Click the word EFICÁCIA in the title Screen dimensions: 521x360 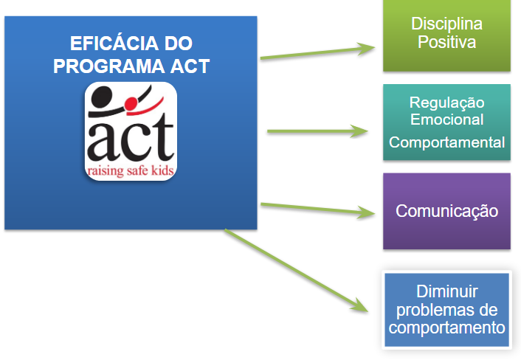point(114,44)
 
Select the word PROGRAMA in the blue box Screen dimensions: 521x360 point(108,66)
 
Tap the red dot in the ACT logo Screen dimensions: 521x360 point(131,103)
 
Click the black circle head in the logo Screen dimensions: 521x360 point(102,97)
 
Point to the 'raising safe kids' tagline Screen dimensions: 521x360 point(131,170)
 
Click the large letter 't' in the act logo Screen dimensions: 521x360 point(162,138)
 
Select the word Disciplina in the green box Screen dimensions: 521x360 point(446,24)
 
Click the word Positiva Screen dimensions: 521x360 point(446,42)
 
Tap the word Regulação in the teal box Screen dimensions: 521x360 point(446,103)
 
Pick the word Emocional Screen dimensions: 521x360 point(446,120)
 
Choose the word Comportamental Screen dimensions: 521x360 point(446,142)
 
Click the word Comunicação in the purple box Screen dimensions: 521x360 point(446,211)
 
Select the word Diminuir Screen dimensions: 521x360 point(447,291)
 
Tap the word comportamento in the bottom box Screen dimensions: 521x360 point(447,328)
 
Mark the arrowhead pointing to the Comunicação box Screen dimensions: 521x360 point(366,212)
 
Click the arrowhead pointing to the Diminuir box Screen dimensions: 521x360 point(360,305)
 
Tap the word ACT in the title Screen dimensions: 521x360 point(190,66)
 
